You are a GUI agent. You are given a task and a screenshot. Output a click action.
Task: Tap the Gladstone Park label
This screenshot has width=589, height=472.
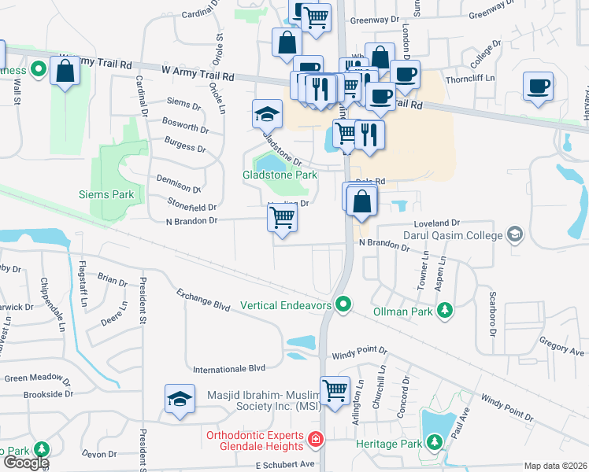tap(280, 175)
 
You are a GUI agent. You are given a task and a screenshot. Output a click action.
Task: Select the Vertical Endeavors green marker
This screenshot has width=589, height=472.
tap(343, 303)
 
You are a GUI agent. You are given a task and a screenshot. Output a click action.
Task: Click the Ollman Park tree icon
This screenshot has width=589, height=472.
tap(445, 311)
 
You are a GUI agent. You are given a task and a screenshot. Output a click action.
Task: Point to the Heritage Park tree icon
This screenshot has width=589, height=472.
tap(434, 444)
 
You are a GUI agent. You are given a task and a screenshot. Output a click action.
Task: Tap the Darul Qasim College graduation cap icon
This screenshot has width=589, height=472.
tap(514, 234)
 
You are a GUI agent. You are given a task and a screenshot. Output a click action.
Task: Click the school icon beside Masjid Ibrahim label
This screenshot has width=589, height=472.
tap(180, 399)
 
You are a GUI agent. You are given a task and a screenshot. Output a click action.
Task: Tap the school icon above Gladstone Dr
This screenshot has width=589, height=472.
tap(267, 114)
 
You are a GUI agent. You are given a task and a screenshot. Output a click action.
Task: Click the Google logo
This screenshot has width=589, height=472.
tap(25, 463)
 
